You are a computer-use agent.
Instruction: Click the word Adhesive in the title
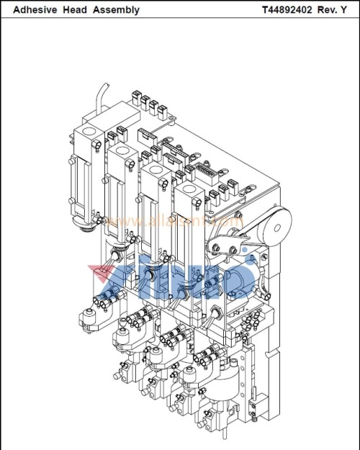click(x=35, y=10)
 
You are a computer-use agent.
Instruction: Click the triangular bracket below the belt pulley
click(x=223, y=248)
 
